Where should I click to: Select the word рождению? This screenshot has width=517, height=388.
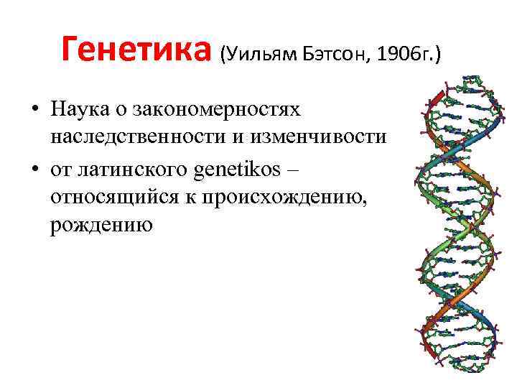pos(101,226)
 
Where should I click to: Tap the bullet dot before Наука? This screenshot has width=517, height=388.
pos(34,110)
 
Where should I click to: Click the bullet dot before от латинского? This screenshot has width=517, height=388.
pos(34,170)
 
